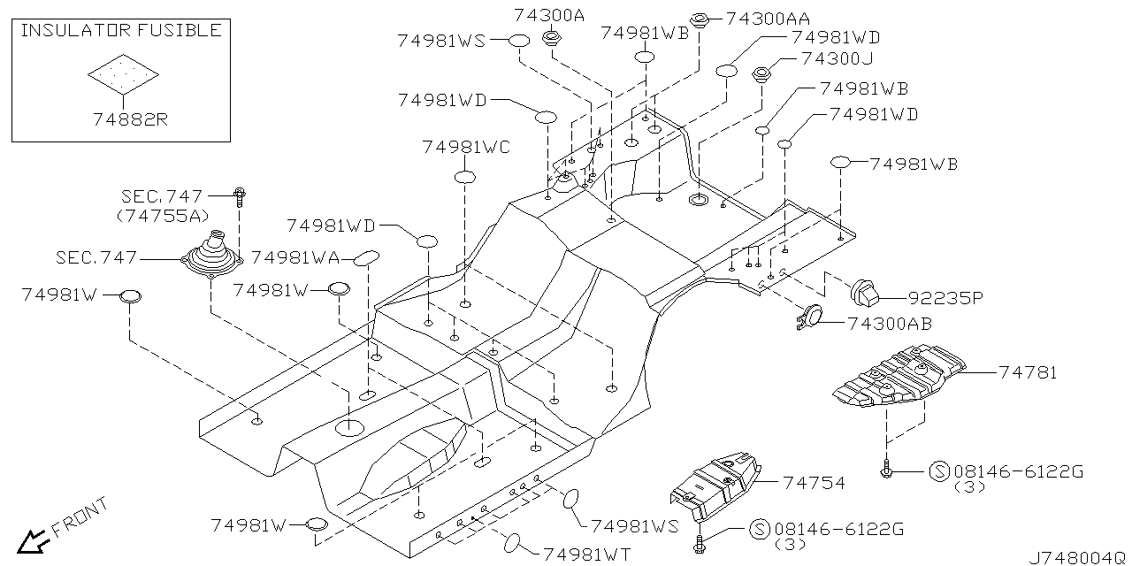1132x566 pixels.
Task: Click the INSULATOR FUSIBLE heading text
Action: coord(121,31)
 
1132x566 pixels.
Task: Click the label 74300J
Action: coord(837,59)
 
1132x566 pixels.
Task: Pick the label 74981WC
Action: coord(466,147)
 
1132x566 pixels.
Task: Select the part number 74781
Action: coord(1029,373)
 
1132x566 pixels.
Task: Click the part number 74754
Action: coord(813,483)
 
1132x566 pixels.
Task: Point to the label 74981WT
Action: coord(586,554)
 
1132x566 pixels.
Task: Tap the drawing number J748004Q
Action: coord(1076,557)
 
